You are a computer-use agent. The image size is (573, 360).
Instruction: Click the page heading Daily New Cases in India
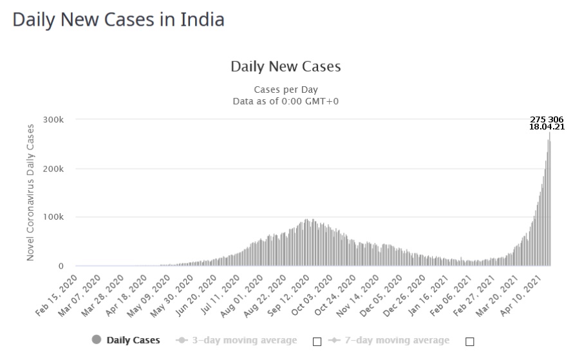118,19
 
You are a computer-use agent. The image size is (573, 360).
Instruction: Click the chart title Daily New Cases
285,66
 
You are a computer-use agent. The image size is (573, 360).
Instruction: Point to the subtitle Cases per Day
285,90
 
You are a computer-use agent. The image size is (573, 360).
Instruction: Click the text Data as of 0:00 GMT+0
285,101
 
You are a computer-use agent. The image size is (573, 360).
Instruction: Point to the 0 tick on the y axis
61,266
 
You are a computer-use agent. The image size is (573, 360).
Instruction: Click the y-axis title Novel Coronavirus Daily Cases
30,193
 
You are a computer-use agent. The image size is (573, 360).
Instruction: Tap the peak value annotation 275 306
547,119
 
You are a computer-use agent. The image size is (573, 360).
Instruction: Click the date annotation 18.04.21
547,127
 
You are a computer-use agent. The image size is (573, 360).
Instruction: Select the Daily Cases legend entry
133,340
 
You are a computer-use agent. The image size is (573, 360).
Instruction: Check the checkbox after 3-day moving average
317,341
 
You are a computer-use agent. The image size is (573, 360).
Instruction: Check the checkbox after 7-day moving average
469,341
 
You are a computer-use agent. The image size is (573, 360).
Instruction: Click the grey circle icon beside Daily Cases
97,340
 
